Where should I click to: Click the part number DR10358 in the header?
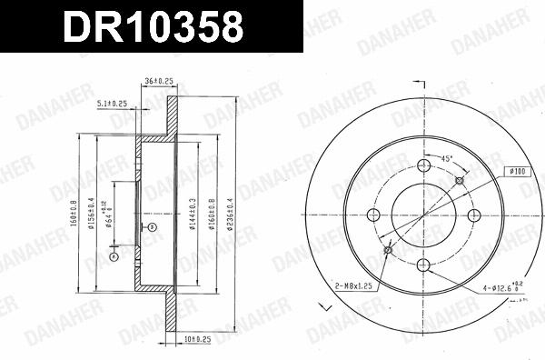tap(152, 26)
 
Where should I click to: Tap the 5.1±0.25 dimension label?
tap(112, 104)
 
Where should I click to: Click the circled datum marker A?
tap(114, 257)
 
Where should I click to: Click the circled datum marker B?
tap(153, 225)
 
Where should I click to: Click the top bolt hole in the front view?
tap(423, 165)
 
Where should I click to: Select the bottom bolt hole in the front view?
tap(423, 266)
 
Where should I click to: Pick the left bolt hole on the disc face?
tap(372, 215)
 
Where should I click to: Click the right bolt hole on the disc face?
tap(473, 215)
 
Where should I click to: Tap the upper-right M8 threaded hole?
tap(459, 180)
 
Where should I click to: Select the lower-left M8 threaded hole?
tap(388, 251)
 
